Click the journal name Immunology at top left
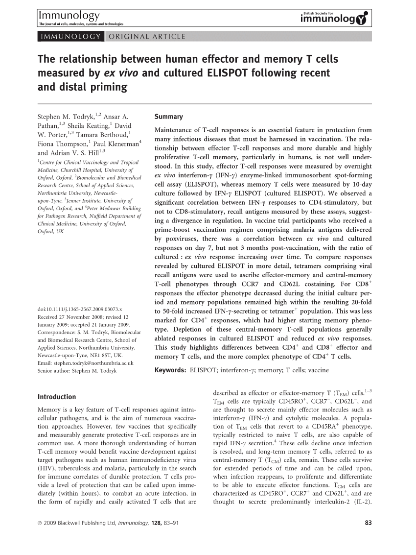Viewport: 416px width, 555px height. (x=69, y=16)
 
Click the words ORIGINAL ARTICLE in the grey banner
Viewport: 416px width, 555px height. (x=147, y=36)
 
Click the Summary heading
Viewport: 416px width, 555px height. (x=168, y=117)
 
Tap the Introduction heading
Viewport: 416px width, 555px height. (x=57, y=397)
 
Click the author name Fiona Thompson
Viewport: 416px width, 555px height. (x=62, y=144)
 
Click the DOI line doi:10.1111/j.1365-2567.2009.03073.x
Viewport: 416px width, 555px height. (x=80, y=309)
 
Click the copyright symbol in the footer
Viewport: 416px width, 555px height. (x=40, y=523)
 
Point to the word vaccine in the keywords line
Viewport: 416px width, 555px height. (x=318, y=370)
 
